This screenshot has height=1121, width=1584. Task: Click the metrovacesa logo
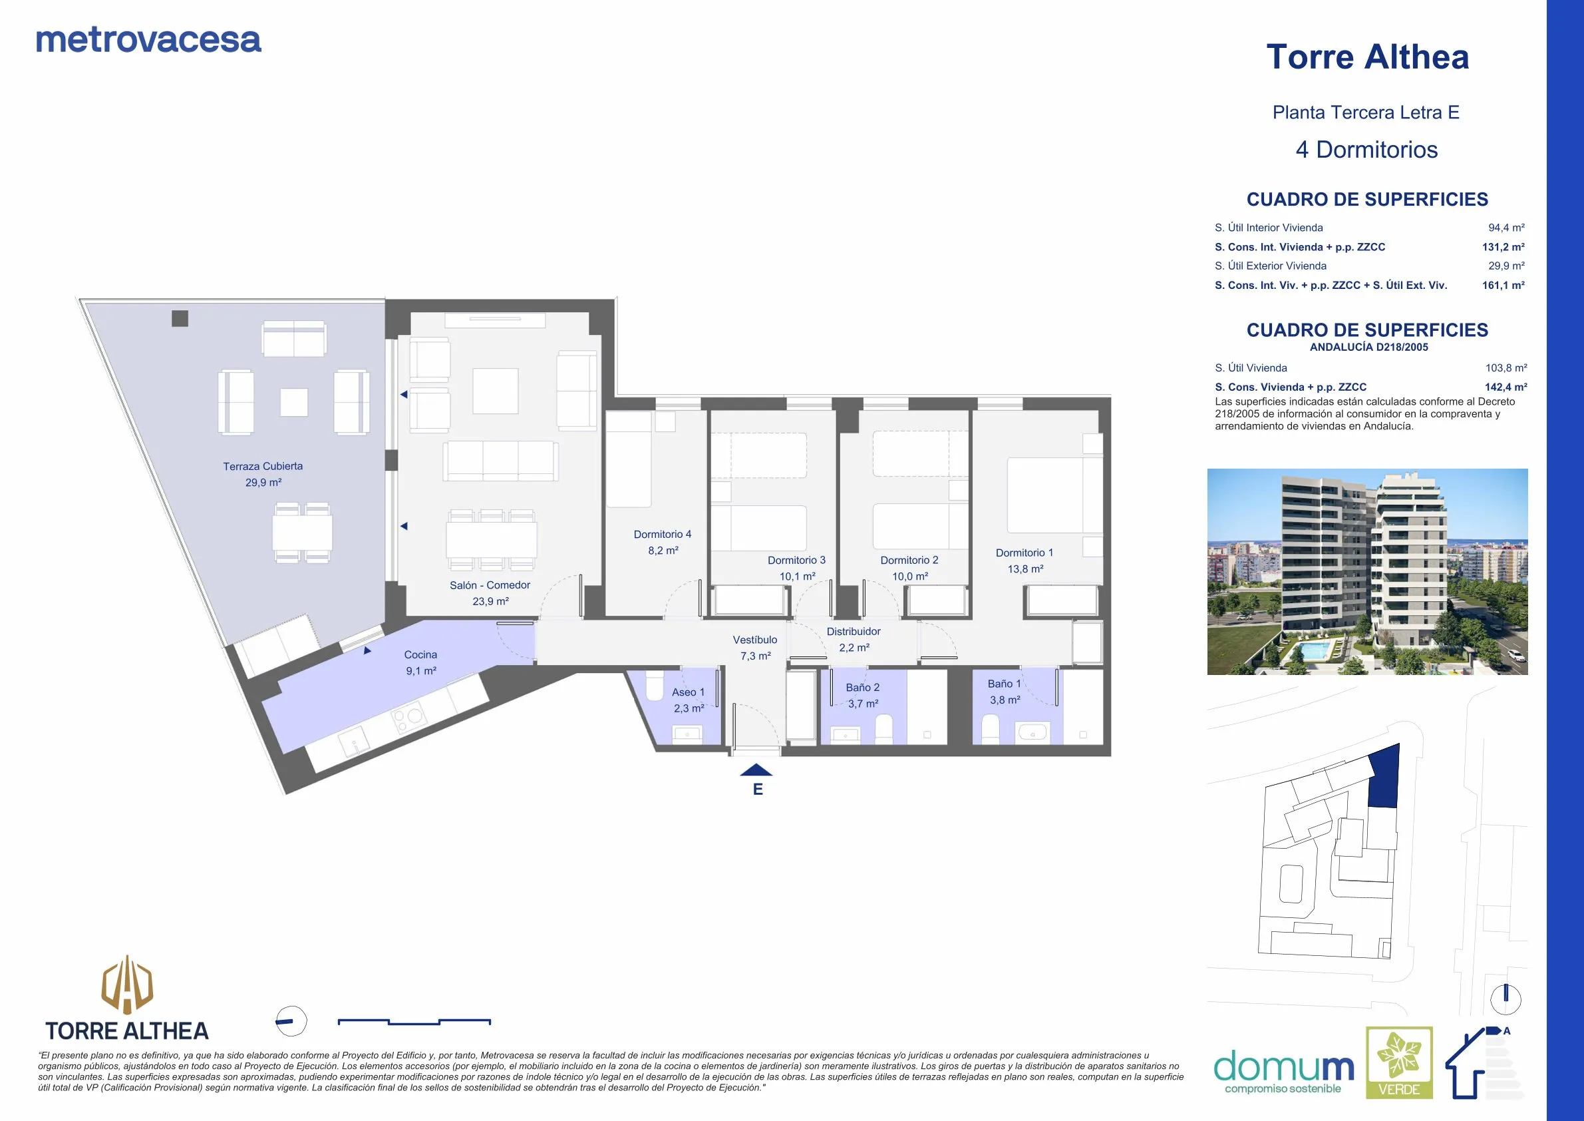click(148, 40)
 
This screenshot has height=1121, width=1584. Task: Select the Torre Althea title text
click(1367, 57)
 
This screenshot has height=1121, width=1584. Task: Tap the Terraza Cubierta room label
click(263, 466)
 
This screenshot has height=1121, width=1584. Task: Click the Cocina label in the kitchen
click(421, 654)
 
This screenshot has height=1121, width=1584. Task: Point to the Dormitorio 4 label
click(663, 535)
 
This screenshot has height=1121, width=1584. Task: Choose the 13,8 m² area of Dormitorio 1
click(1025, 568)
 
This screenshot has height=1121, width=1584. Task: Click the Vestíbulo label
click(755, 640)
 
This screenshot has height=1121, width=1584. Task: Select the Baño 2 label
click(862, 688)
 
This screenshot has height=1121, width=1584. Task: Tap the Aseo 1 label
click(689, 692)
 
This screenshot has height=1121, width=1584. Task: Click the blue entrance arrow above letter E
click(756, 770)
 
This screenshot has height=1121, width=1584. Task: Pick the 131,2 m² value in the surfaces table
click(1504, 247)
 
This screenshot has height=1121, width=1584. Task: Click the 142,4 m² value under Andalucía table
click(1506, 387)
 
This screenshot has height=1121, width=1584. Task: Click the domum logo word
click(1284, 1068)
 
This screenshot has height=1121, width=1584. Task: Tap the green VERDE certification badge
click(1399, 1062)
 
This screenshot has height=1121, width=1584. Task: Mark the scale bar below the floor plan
click(414, 1022)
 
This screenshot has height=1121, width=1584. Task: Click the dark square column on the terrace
click(180, 318)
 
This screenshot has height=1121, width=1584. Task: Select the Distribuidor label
click(854, 632)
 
